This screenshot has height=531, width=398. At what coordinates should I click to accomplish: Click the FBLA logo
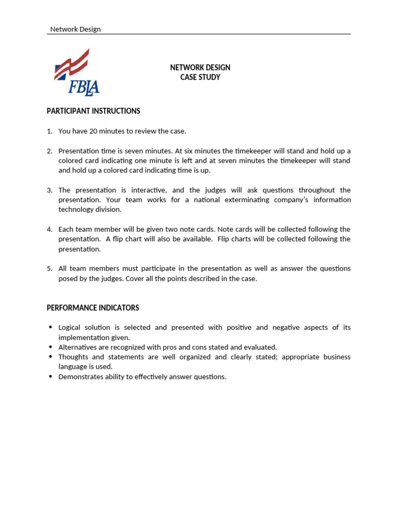tap(77, 73)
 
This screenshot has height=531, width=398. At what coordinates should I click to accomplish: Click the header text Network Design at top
tap(75, 30)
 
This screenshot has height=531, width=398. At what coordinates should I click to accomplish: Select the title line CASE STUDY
tap(200, 77)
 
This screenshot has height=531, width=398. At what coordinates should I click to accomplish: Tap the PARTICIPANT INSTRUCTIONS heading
tap(93, 111)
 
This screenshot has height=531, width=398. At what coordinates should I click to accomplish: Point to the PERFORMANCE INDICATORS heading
tap(93, 308)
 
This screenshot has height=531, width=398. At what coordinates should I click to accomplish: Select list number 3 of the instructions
tap(50, 190)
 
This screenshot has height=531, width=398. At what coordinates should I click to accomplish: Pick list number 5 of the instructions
tap(50, 269)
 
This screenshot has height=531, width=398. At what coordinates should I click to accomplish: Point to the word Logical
tap(70, 328)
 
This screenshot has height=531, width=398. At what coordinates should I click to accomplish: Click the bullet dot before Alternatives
tap(50, 347)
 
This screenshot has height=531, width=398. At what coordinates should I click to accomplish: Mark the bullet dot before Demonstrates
tap(50, 376)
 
